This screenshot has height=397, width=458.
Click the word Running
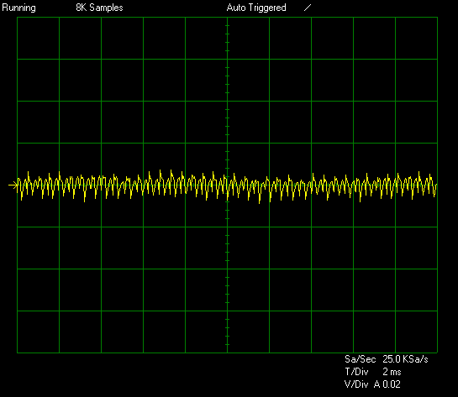tap(19, 8)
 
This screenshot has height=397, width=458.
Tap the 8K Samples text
tap(99, 8)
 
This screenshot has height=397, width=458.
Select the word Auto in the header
tap(235, 8)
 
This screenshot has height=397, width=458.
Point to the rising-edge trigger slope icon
tap(308, 8)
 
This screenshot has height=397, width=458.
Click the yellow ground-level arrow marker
tap(13, 185)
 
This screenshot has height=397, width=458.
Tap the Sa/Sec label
tap(360, 359)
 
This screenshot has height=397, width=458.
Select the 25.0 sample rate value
tap(392, 359)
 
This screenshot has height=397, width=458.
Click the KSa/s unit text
tap(415, 359)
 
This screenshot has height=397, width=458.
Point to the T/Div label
tap(356, 372)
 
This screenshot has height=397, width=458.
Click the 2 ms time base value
tap(392, 372)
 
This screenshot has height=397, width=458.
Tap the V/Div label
tap(356, 384)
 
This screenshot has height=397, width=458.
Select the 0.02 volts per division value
tap(392, 384)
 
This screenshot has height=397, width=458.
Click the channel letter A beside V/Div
tap(377, 384)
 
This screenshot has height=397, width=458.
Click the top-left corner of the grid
tap(18, 18)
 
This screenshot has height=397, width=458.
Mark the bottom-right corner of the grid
tap(437, 353)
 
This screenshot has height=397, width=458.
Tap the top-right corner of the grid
tap(437, 18)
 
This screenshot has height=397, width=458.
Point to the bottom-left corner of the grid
tap(18, 353)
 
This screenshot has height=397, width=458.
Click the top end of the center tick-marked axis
tap(227, 18)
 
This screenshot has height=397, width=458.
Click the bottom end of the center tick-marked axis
tap(227, 353)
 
